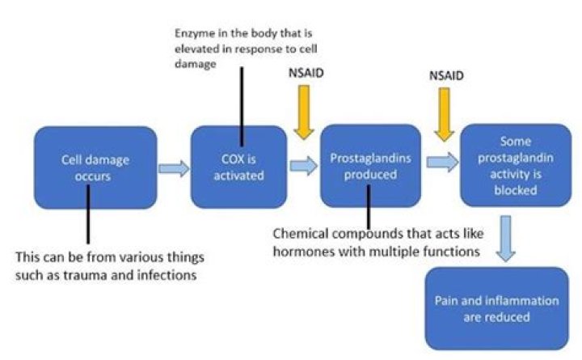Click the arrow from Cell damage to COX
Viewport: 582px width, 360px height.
(172, 167)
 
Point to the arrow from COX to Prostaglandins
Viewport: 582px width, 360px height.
(303, 167)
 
